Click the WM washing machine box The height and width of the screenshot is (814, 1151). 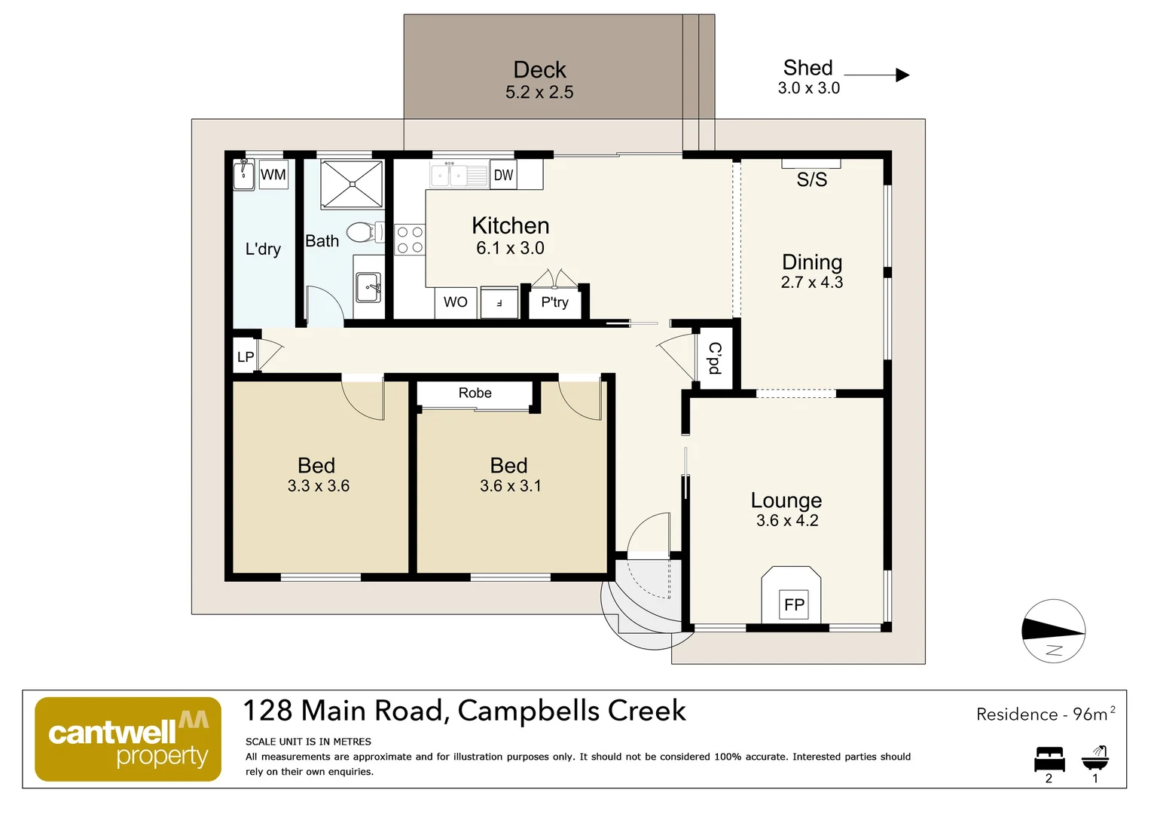[273, 175]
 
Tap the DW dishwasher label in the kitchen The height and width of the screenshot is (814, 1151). [503, 175]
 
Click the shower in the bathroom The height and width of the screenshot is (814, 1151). [352, 183]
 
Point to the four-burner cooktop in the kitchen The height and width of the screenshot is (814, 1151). [410, 240]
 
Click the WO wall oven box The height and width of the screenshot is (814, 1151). [455, 302]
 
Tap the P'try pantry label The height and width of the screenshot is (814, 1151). [554, 302]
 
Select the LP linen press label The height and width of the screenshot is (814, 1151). [246, 357]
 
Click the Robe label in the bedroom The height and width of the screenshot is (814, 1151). [475, 393]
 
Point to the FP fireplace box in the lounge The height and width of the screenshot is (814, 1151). [794, 604]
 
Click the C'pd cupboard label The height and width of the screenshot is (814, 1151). [715, 358]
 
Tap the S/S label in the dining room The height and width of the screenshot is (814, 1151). [811, 179]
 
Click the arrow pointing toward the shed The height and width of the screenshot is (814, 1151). [878, 75]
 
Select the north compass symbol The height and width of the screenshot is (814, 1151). [1053, 631]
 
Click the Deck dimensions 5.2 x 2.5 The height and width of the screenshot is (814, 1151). [539, 92]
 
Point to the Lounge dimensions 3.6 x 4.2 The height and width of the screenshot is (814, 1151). [787, 520]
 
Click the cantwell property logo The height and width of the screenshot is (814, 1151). [128, 739]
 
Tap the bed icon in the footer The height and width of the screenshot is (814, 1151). [1049, 758]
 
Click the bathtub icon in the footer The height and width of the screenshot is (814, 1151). [1095, 757]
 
